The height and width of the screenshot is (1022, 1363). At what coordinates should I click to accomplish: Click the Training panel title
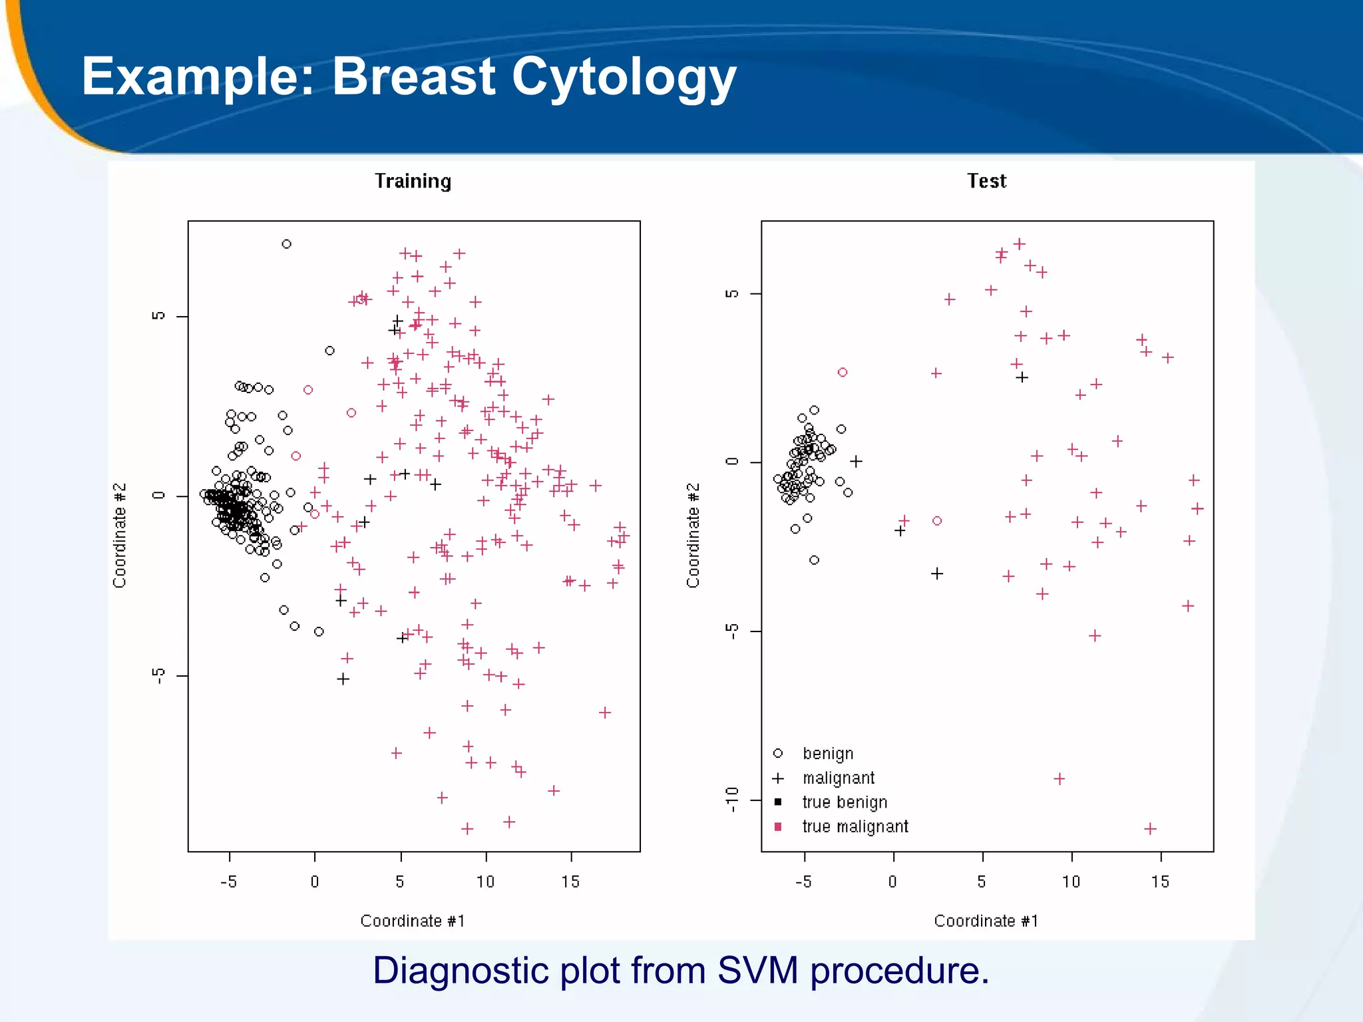pyautogui.click(x=413, y=181)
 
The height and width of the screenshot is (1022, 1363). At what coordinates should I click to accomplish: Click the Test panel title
pyautogui.click(x=986, y=181)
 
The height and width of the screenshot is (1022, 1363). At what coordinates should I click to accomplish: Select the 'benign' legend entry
pyautogui.click(x=827, y=754)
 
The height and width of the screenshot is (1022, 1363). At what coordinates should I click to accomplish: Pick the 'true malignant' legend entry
pyautogui.click(x=855, y=826)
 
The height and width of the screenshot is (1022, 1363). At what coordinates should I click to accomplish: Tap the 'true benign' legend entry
pyautogui.click(x=845, y=802)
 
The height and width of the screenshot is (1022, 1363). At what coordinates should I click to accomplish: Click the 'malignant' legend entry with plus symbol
pyautogui.click(x=838, y=778)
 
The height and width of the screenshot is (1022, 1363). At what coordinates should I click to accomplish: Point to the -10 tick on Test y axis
pyautogui.click(x=733, y=799)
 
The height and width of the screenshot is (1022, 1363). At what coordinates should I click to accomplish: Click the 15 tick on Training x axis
pyautogui.click(x=570, y=882)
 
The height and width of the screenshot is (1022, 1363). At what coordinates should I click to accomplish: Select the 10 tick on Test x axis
pyautogui.click(x=1071, y=882)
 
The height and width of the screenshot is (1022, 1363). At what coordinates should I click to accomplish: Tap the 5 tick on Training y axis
pyautogui.click(x=158, y=316)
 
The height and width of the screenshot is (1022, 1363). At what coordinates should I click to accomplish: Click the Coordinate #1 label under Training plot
pyautogui.click(x=413, y=921)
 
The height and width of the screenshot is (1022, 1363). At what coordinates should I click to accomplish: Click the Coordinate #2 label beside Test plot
pyautogui.click(x=693, y=536)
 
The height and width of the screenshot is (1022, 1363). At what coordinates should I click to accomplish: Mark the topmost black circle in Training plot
pyautogui.click(x=286, y=244)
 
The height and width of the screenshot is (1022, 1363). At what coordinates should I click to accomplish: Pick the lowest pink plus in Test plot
pyautogui.click(x=1150, y=828)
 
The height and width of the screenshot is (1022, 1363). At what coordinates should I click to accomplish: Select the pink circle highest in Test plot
pyautogui.click(x=843, y=373)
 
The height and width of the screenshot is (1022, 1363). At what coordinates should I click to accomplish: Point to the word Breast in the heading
pyautogui.click(x=414, y=76)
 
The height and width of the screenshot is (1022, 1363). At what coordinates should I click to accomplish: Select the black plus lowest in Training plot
pyautogui.click(x=343, y=679)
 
